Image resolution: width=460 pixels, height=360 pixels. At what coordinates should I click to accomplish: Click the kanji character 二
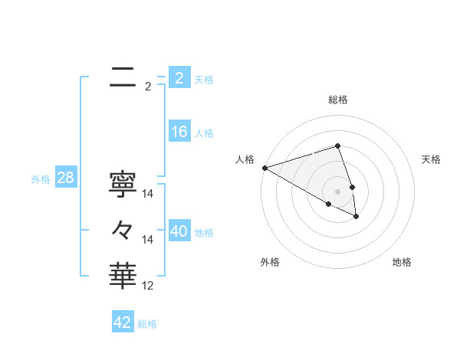pos(123,77)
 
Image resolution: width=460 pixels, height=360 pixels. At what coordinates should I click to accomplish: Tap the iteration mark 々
pos(123,230)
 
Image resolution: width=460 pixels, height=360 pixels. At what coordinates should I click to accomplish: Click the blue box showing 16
pos(179,132)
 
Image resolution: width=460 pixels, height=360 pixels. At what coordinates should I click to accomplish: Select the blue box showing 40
pos(179,231)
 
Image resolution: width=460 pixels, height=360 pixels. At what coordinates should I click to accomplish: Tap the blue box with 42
pos(123,322)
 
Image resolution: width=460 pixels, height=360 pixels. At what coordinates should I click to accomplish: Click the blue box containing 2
pos(179,78)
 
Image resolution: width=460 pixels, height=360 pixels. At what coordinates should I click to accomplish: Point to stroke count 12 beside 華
pos(149,286)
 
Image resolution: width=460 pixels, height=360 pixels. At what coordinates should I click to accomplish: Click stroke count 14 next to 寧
pos(149,194)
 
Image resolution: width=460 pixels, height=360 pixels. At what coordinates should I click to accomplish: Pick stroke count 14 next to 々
pos(149,240)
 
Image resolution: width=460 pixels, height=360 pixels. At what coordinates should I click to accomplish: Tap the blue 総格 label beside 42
pos(147,324)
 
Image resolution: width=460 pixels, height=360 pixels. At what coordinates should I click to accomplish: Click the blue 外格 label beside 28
pos(41,179)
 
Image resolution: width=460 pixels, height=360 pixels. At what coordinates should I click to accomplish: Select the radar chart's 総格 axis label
pos(338,100)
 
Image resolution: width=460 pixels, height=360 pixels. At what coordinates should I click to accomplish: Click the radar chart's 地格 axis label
pos(402,262)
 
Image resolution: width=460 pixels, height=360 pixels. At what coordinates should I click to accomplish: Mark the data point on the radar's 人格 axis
pos(264,167)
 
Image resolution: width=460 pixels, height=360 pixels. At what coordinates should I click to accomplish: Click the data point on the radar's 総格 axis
pos(338,146)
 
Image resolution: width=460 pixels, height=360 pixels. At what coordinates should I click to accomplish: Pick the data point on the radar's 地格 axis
pos(356,217)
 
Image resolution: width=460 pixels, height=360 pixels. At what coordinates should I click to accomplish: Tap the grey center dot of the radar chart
pos(338,191)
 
